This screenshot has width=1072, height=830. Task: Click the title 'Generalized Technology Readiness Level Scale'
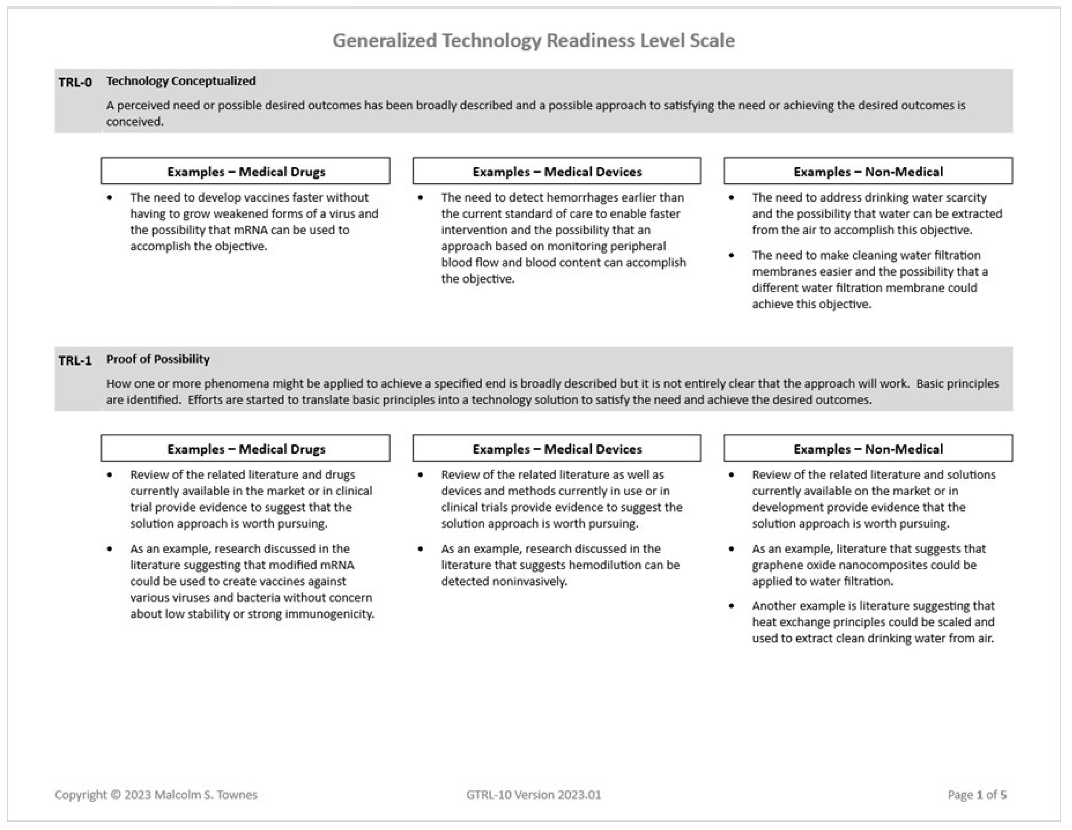534,40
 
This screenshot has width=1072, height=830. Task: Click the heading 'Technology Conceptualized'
181,81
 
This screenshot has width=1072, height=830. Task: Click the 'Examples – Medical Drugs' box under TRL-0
246,171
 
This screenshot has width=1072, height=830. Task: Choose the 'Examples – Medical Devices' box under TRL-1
557,449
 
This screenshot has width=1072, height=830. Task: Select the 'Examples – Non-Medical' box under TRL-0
868,171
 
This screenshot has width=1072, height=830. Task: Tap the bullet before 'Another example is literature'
731,606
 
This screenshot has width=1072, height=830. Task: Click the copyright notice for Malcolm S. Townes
156,795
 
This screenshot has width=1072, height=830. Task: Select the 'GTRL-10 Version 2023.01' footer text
534,795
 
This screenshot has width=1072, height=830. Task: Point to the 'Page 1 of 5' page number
977,795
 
